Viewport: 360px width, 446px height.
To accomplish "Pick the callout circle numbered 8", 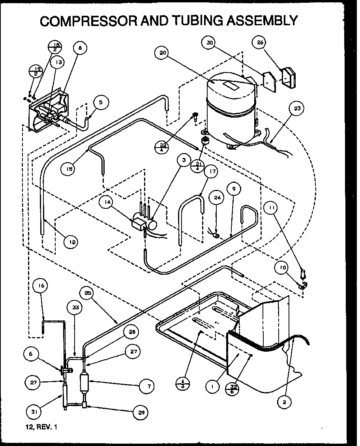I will pyautogui.click(x=80, y=48).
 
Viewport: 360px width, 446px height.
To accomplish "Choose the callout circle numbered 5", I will pyautogui.click(x=101, y=102).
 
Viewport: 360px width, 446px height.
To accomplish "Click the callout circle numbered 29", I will pyautogui.click(x=142, y=412).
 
